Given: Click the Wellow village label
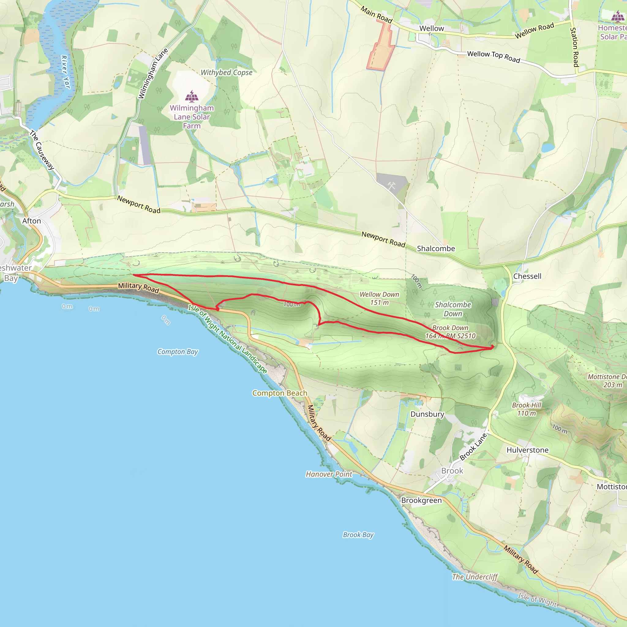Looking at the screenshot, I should (x=431, y=28).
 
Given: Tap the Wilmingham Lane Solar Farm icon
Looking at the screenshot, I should (x=192, y=96).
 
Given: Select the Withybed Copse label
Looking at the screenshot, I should (x=226, y=73).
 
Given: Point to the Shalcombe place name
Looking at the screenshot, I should (x=436, y=249).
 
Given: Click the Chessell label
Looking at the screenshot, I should (x=527, y=276).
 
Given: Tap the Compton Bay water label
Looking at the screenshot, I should (x=178, y=352).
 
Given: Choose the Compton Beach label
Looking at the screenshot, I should (x=280, y=393).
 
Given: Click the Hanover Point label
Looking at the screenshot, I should (x=329, y=474).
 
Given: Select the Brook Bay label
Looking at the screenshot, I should (x=358, y=535).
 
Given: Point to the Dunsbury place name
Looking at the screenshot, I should (x=427, y=414).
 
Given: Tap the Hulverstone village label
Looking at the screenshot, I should (x=528, y=450).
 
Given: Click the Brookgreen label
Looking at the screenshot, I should (x=421, y=501).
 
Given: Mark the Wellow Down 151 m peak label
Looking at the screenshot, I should (x=379, y=298).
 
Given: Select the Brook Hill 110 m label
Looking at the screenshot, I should (x=526, y=409).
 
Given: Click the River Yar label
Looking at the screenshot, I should (x=65, y=72).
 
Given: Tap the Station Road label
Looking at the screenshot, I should (x=574, y=47).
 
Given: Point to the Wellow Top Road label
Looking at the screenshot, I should (x=493, y=56).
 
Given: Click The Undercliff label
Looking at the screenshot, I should (x=475, y=577).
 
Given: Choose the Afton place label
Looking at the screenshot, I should (x=32, y=221).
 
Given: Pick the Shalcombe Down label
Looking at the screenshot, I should (x=453, y=309).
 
